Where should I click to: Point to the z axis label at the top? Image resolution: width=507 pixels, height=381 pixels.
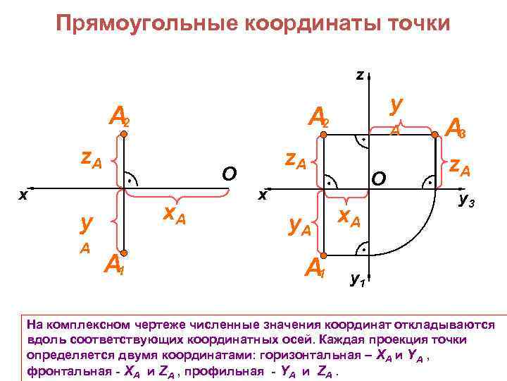pyautogui.click(x=360, y=74)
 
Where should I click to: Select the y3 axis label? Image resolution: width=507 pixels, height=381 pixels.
pyautogui.click(x=466, y=201)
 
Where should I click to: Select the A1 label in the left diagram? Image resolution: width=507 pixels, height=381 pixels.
pyautogui.click(x=113, y=263)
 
